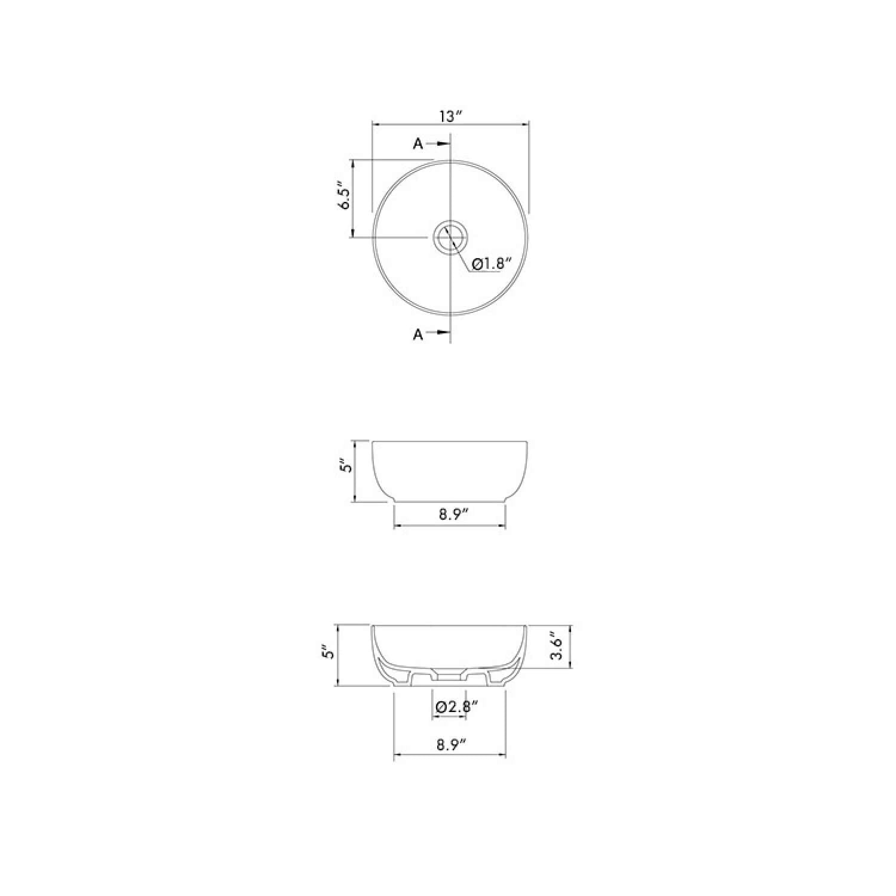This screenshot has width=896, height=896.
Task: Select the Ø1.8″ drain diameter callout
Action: coord(492,264)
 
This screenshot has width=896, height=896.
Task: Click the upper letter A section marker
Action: coord(418,144)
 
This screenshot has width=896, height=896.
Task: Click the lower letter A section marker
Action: coord(418,335)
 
